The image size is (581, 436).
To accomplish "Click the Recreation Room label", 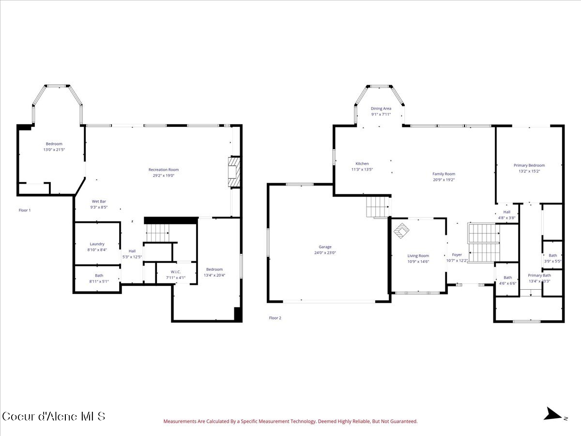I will pos(163,170).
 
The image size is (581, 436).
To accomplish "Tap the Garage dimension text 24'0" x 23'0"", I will pos(325,252).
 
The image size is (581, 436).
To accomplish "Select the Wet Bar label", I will pos(99,201).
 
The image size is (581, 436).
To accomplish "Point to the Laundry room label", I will pos(97,244).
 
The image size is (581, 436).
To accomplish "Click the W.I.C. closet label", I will pos(175,272).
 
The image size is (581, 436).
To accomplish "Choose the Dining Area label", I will pos(381,109).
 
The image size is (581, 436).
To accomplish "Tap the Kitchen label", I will pos(362,164).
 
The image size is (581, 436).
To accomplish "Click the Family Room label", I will pos(443,174).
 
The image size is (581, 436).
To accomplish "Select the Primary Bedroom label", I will pos(529,165).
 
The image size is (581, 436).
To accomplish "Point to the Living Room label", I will pos(418,256).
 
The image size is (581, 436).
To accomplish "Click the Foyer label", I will pos(457,255).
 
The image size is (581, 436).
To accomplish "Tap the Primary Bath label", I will pos(539,275).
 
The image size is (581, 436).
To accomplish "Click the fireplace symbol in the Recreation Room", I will pos(234,171).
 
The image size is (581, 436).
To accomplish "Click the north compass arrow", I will pos(552,414).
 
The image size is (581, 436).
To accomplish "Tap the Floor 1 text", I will pos(24,210).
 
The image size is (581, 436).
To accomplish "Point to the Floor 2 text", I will pos(275,318).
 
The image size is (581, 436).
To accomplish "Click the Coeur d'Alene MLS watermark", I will pos(53,416).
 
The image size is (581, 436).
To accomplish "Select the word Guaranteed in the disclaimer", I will pos(403,421).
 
